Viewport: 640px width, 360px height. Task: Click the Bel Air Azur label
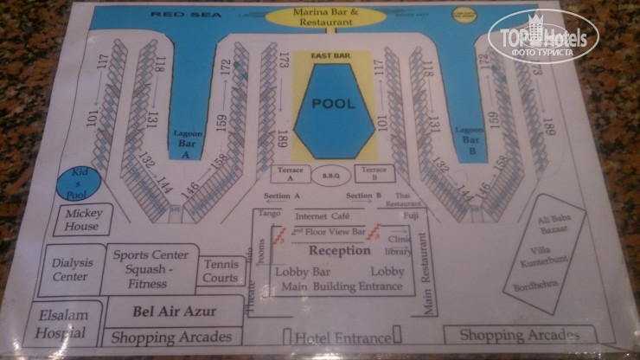click(x=174, y=311)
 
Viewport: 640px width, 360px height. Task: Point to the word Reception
click(x=339, y=251)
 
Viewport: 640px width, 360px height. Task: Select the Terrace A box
click(x=290, y=173)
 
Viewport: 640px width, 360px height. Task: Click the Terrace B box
click(x=374, y=173)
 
